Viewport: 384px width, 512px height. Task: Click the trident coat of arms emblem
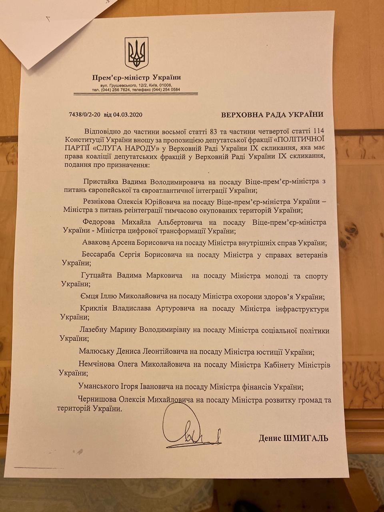(136, 53)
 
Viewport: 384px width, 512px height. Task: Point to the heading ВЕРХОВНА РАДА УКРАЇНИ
(272, 115)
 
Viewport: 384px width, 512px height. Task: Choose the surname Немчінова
(97, 365)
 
